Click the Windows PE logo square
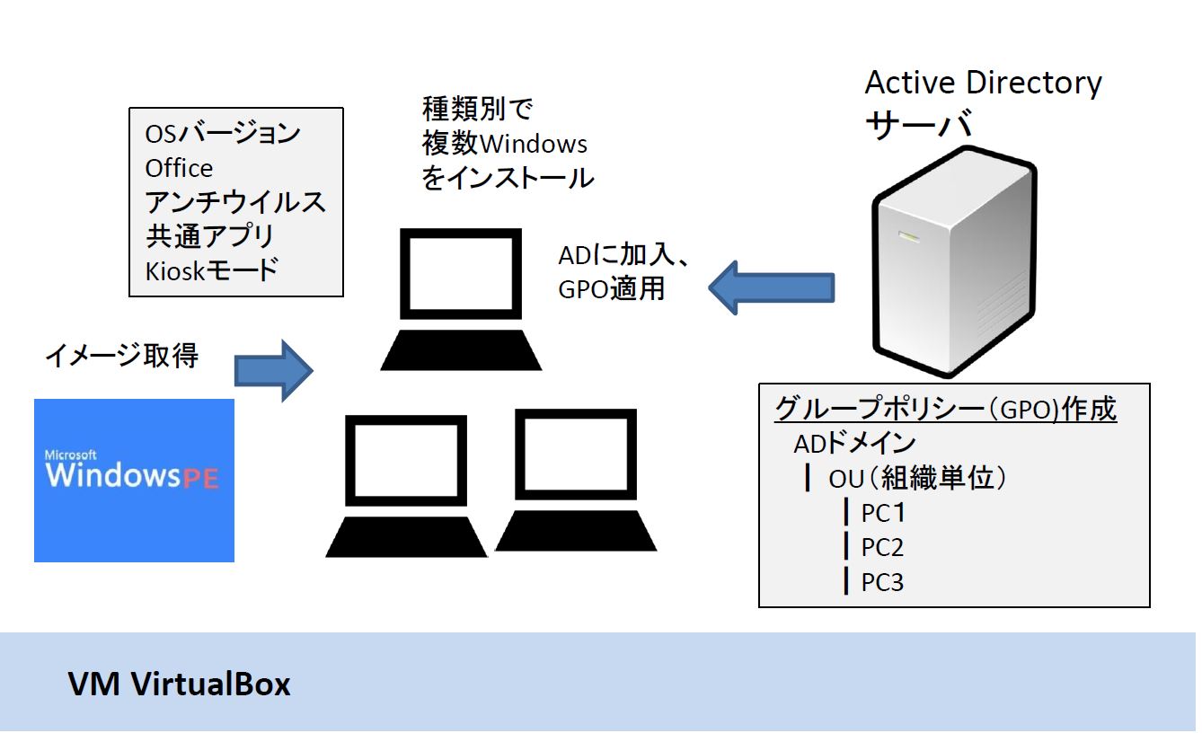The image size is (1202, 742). pos(134,481)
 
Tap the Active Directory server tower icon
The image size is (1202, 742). pos(954,261)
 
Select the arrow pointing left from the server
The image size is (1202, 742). pos(772,287)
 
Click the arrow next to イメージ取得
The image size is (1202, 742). pos(274,371)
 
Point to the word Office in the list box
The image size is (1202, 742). pos(179,169)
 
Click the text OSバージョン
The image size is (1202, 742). pos(223,133)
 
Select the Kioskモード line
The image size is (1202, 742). pos(212,270)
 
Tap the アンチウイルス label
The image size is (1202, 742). pos(235,202)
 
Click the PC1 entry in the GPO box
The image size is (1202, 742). pos(883,513)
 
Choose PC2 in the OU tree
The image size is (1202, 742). pos(883,548)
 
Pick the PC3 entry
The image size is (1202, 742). pos(883,582)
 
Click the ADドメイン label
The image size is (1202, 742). pos(855,444)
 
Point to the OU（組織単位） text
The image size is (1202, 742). pos(917,478)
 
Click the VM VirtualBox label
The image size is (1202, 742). pos(179,684)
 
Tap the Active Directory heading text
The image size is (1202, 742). pos(983,84)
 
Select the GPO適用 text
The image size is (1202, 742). pos(611,289)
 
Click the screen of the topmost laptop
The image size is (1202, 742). pos(461,274)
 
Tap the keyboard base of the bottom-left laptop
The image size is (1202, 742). pos(406,537)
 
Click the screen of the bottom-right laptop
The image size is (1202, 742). pos(576,455)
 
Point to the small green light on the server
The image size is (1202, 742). pos(909,236)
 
